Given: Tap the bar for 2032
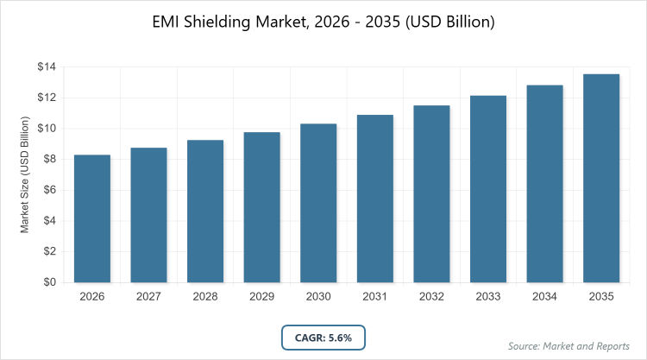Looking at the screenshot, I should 431,193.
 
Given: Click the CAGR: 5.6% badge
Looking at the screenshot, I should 323,337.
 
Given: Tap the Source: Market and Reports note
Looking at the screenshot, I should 568,345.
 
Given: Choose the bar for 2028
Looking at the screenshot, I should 204,211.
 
